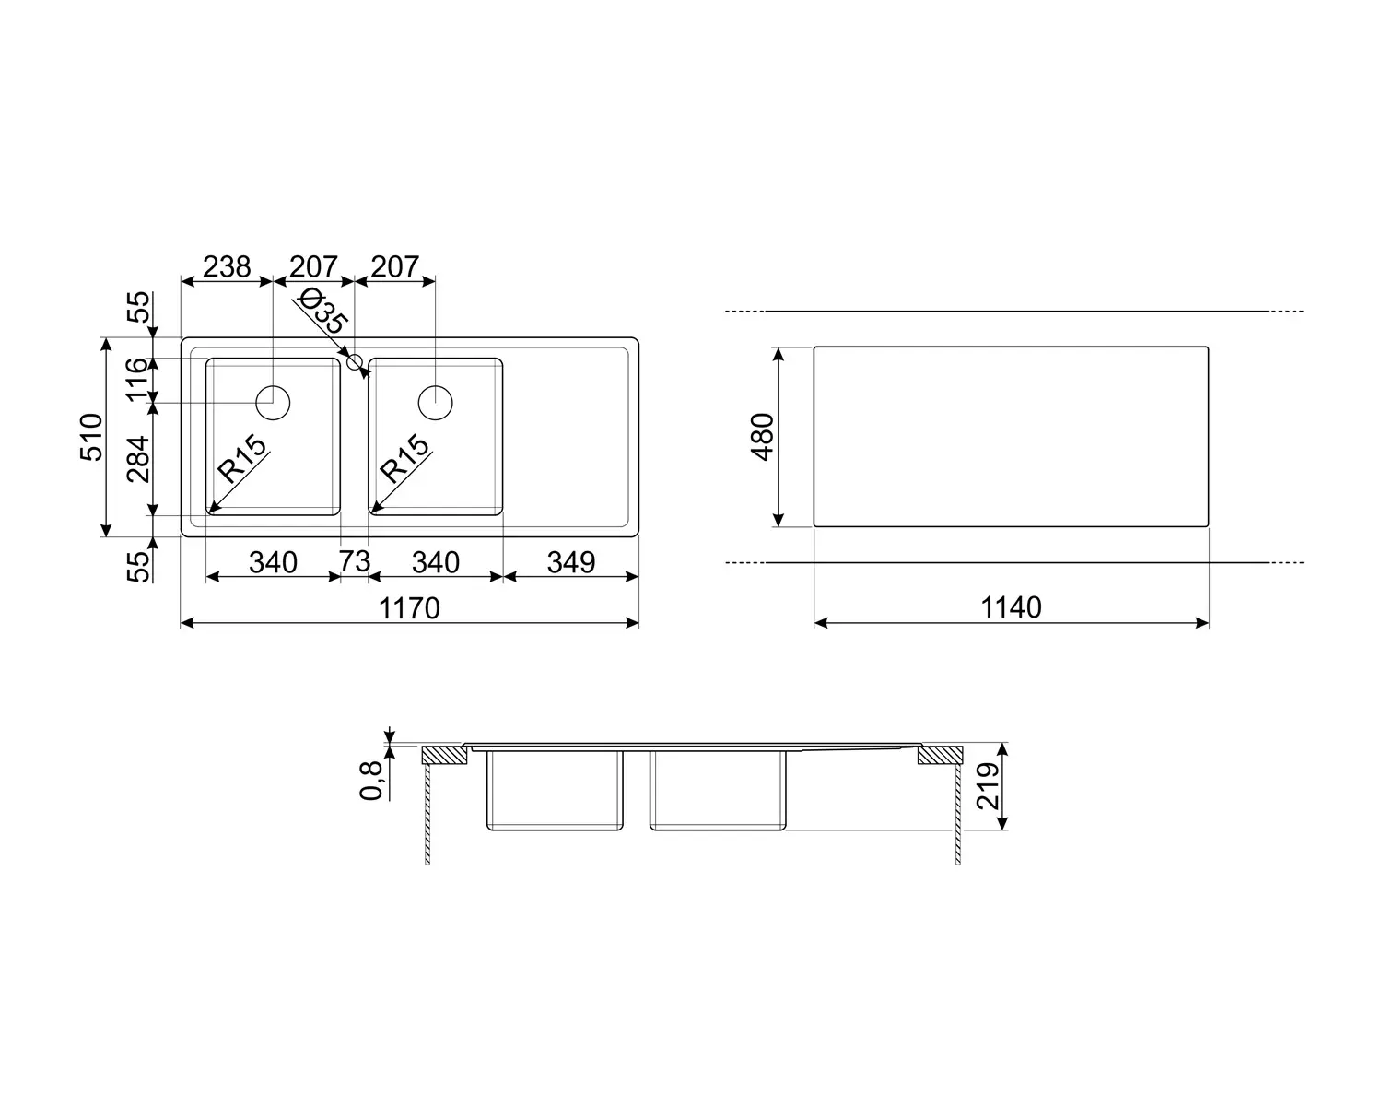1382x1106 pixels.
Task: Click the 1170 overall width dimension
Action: (409, 608)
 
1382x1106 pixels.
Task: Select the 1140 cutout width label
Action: (1011, 607)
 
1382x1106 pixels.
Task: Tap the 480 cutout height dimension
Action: (762, 437)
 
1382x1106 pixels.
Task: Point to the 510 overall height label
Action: (91, 437)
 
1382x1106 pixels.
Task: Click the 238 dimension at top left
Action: (227, 266)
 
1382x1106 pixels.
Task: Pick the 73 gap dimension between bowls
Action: (355, 561)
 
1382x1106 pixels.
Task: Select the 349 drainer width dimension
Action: (571, 562)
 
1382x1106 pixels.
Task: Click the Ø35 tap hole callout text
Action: (324, 311)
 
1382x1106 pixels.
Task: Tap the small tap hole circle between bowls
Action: (355, 362)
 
